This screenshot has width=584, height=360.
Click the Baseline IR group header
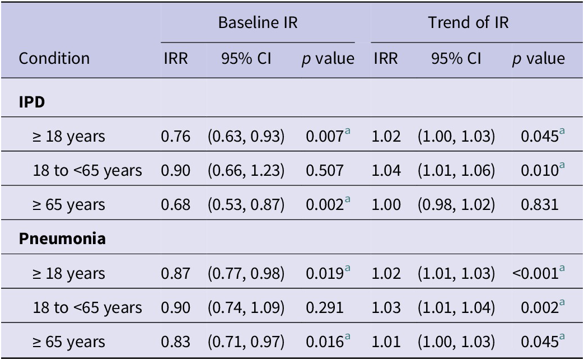(x=258, y=22)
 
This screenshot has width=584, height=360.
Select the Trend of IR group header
(x=468, y=22)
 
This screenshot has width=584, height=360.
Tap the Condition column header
(x=54, y=58)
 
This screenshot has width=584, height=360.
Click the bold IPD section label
(x=32, y=102)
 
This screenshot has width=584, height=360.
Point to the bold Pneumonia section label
(x=62, y=239)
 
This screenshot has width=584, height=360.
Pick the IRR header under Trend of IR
(x=385, y=58)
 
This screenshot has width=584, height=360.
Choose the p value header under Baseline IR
(x=328, y=59)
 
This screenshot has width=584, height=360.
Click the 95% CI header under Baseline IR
(x=246, y=58)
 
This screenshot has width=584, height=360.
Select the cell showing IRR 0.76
(x=175, y=136)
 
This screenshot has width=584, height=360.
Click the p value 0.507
(x=324, y=171)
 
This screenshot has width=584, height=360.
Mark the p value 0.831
(x=540, y=205)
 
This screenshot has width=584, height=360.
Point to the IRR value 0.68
(x=175, y=205)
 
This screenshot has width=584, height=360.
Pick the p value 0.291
(x=324, y=307)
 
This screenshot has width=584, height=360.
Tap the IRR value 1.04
(x=386, y=171)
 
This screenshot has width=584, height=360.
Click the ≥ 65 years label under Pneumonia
(x=69, y=342)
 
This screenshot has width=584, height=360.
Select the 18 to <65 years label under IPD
(x=87, y=171)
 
